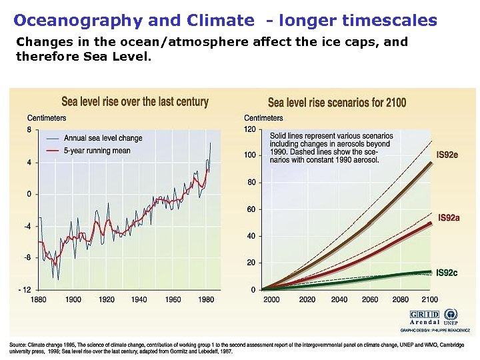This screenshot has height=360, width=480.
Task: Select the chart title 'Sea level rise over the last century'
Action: coord(135,102)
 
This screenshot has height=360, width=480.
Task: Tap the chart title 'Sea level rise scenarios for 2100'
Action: coord(337,103)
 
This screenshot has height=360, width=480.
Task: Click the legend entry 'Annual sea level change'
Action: coord(103,138)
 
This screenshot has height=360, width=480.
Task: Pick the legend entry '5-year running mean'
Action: coord(97,151)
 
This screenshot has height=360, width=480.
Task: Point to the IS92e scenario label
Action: coord(447,155)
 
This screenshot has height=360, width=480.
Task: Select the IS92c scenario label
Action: coord(447,273)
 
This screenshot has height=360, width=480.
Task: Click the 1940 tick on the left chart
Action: coord(139,300)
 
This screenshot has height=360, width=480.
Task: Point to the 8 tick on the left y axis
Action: coord(29,130)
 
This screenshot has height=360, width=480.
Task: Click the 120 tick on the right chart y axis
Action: coord(249,129)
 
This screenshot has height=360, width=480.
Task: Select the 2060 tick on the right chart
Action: coord(370,300)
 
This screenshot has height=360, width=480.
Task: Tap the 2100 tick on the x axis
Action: coord(430,300)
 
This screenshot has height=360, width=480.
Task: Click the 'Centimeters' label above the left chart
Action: coord(47,119)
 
